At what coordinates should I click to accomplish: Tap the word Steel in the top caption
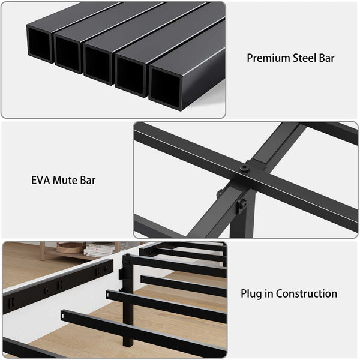(x=304, y=58)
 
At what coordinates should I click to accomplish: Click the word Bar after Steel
(x=327, y=58)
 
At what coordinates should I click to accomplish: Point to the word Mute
(x=67, y=179)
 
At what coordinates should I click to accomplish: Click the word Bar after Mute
(x=88, y=179)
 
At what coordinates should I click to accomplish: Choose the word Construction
(x=306, y=294)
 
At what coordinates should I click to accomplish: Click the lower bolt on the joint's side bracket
(x=241, y=205)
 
